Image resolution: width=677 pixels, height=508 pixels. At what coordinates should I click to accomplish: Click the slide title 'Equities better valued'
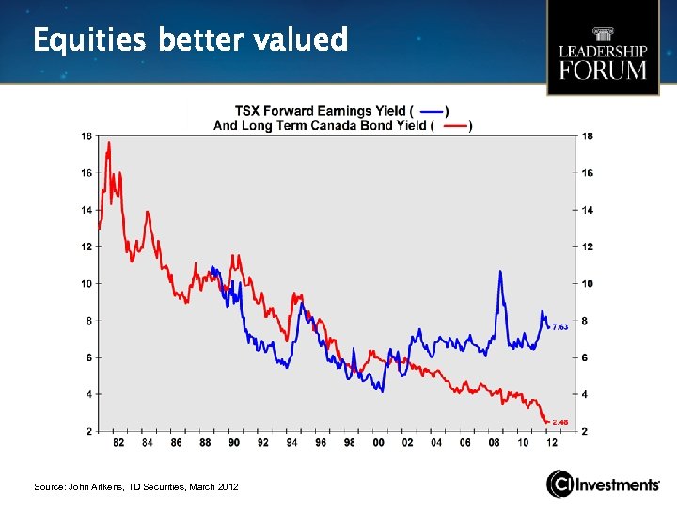190,40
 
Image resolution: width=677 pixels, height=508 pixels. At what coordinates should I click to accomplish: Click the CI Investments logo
604,484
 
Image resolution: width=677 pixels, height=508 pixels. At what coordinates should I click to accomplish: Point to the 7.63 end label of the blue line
559,326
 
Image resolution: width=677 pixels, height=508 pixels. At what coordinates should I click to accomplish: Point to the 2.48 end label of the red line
559,421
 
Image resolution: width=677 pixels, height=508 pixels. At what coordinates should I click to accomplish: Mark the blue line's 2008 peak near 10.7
500,272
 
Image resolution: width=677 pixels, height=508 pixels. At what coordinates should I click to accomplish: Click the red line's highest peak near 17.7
109,143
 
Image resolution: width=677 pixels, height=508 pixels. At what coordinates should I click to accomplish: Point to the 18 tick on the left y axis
87,135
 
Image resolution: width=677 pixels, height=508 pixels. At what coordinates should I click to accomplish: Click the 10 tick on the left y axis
87,283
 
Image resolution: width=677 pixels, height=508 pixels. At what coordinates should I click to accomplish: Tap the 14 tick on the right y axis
588,210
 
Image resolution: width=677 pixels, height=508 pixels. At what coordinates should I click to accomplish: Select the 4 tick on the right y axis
586,394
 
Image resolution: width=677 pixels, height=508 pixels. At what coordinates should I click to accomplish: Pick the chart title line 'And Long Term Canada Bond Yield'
320,126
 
